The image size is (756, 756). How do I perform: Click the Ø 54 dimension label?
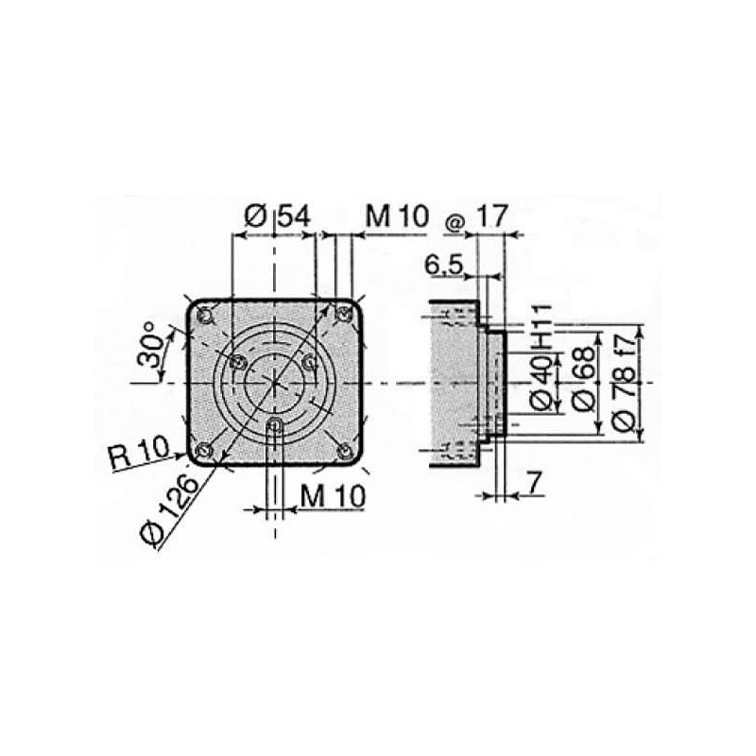tap(277, 216)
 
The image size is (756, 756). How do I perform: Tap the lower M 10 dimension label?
tap(333, 494)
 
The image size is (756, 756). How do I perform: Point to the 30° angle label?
tap(149, 345)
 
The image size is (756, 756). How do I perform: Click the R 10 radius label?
tap(140, 453)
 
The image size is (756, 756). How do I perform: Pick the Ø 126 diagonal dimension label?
tap(169, 512)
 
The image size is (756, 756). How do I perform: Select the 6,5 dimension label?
tap(444, 265)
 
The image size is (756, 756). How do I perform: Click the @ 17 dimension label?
tap(477, 216)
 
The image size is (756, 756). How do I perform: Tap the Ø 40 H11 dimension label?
tap(541, 357)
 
